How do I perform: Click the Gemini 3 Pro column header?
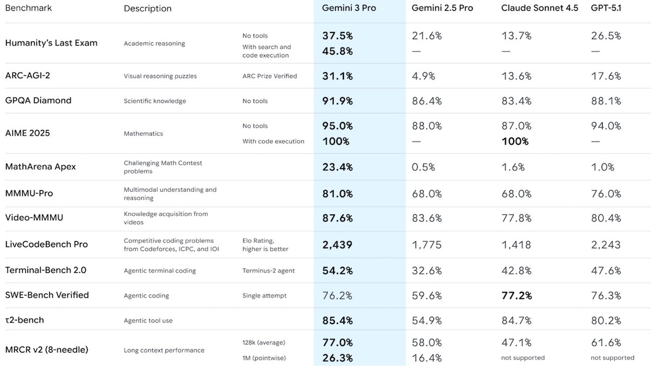tap(349, 8)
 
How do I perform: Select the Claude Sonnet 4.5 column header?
tap(539, 8)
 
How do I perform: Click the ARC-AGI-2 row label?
tap(28, 75)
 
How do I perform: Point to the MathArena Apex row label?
tap(41, 166)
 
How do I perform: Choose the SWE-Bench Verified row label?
tap(47, 295)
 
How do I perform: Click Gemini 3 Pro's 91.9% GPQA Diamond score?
tap(337, 101)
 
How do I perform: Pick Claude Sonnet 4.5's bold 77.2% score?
tap(516, 296)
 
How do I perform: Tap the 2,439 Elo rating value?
tap(337, 245)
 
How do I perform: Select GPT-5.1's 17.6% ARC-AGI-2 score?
tap(606, 76)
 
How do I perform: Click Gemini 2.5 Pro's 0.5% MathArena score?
tap(423, 167)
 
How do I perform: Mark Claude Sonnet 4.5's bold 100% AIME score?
tap(514, 142)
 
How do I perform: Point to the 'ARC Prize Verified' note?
tap(270, 76)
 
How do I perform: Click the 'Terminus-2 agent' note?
tap(269, 271)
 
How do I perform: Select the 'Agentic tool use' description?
tap(148, 320)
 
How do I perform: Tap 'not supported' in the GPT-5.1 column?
tap(612, 358)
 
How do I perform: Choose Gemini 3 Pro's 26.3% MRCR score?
tap(337, 358)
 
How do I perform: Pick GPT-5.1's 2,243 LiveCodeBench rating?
tap(606, 245)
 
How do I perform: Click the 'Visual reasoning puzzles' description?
tap(160, 76)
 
